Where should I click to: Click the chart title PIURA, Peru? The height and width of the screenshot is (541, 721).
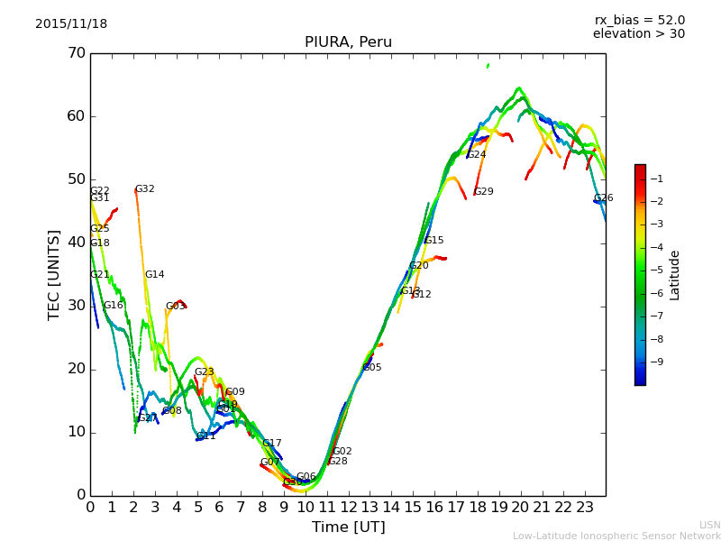(x=348, y=42)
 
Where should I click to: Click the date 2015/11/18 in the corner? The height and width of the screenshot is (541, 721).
(x=71, y=24)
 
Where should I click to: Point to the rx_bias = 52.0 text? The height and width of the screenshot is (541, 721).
(x=639, y=21)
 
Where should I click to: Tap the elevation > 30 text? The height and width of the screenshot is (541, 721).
(x=639, y=34)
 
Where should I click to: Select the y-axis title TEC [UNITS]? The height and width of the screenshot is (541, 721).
(x=54, y=274)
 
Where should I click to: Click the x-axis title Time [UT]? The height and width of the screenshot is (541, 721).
(x=348, y=527)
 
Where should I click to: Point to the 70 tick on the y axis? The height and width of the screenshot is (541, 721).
(x=76, y=53)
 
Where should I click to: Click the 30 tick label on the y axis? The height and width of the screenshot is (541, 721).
(x=76, y=306)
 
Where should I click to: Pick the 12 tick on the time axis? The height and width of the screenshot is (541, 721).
(x=349, y=508)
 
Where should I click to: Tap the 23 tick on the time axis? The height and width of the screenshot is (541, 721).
(x=585, y=508)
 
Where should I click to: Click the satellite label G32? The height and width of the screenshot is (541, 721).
(x=145, y=189)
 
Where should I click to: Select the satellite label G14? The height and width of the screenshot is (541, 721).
(x=155, y=275)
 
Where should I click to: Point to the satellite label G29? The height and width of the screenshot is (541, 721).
(x=484, y=192)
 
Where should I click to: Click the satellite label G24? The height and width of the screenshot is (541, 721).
(x=476, y=155)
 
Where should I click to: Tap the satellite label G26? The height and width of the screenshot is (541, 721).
(x=603, y=198)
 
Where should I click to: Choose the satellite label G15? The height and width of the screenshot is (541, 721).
(x=434, y=241)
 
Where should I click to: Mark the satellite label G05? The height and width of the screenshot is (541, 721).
(x=372, y=368)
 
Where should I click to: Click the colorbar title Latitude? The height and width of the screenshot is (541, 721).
(x=674, y=275)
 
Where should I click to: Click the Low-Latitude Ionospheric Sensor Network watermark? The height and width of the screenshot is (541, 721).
(x=616, y=536)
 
